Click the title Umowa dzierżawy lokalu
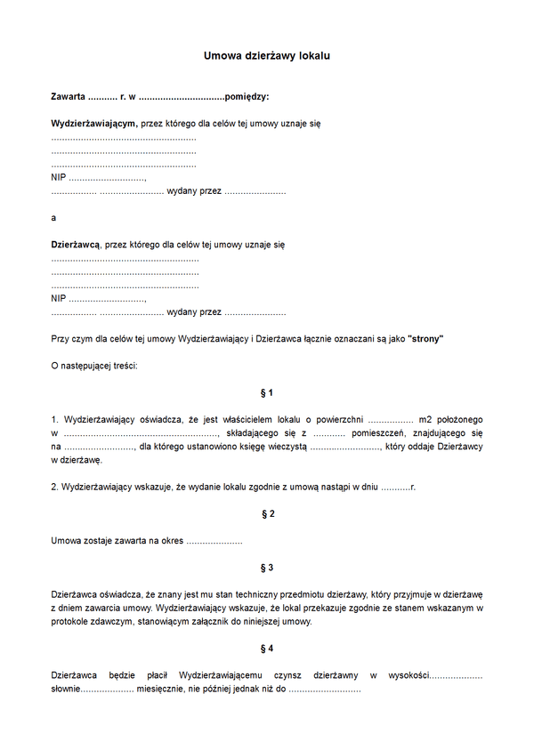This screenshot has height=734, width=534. pos(267,56)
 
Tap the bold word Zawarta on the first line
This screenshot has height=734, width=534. pos(69,96)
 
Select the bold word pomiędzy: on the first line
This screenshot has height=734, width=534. pos(247,96)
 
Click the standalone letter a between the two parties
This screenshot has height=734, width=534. pos(53,217)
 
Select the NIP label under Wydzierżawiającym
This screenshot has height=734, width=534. pos(59,178)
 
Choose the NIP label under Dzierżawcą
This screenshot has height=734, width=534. pos(59,298)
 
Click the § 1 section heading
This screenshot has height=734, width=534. pos(267,392)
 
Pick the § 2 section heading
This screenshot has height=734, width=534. pos(267,514)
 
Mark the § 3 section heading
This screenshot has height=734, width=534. pos(267,568)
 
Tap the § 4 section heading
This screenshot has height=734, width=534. pos(267,648)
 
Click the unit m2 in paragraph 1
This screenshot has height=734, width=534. pos(425,419)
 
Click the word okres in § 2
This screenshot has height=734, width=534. pos(167,541)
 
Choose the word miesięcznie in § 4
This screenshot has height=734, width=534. pos(161,689)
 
